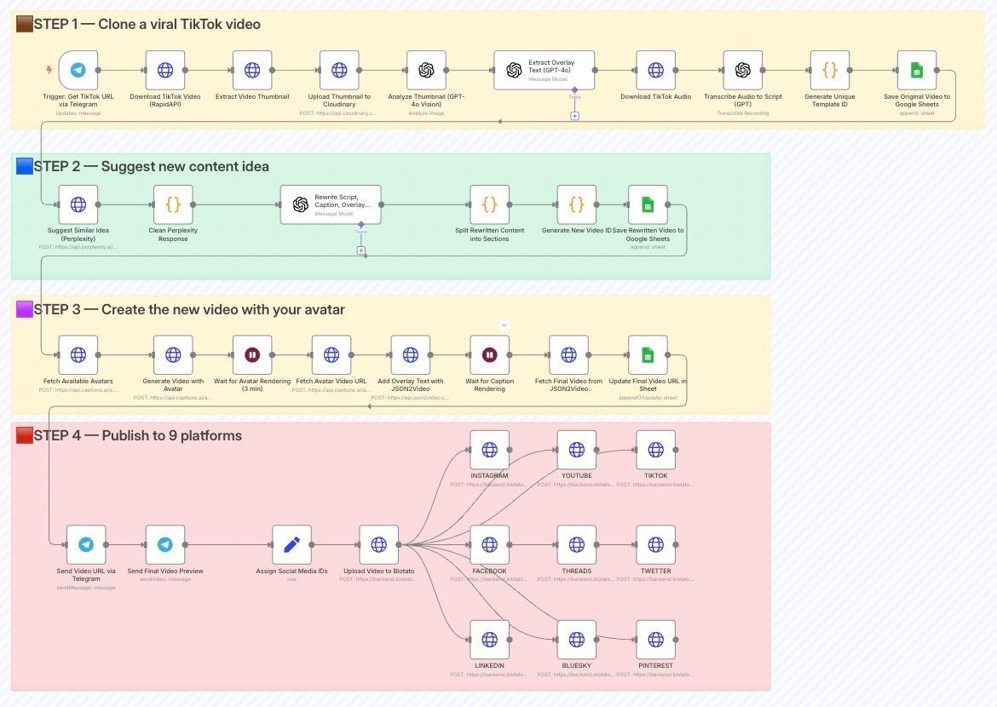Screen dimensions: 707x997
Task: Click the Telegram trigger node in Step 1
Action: pyautogui.click(x=78, y=70)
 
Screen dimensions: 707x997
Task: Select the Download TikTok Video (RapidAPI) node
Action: pyautogui.click(x=165, y=70)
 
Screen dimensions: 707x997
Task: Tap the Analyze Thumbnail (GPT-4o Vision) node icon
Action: pyautogui.click(x=426, y=70)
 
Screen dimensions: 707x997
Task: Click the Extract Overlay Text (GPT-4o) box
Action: pyautogui.click(x=544, y=70)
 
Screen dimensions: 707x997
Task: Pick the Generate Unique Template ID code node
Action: pyautogui.click(x=829, y=70)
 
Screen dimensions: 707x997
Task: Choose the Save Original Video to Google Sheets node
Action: pyautogui.click(x=916, y=70)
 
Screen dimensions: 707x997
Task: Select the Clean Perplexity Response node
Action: pyautogui.click(x=173, y=204)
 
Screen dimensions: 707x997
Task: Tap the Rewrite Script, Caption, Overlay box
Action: pyautogui.click(x=331, y=204)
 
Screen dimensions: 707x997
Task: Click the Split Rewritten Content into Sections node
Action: pyautogui.click(x=489, y=204)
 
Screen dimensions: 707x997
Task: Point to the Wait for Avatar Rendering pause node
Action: pyautogui.click(x=252, y=354)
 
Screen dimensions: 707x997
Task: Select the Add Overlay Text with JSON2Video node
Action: pyautogui.click(x=410, y=354)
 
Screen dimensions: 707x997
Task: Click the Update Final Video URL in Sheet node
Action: pyautogui.click(x=648, y=354)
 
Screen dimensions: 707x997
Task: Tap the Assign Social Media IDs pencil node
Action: pyautogui.click(x=291, y=544)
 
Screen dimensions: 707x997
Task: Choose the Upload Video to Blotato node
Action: pyautogui.click(x=378, y=544)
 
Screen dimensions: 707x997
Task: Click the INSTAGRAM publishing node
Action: pyautogui.click(x=489, y=450)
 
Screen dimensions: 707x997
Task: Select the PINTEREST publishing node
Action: pyautogui.click(x=655, y=640)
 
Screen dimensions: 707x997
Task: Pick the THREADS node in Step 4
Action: pyautogui.click(x=577, y=544)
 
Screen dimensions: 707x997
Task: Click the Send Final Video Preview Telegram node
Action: pyautogui.click(x=165, y=544)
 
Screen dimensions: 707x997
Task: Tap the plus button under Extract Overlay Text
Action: pyautogui.click(x=574, y=115)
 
